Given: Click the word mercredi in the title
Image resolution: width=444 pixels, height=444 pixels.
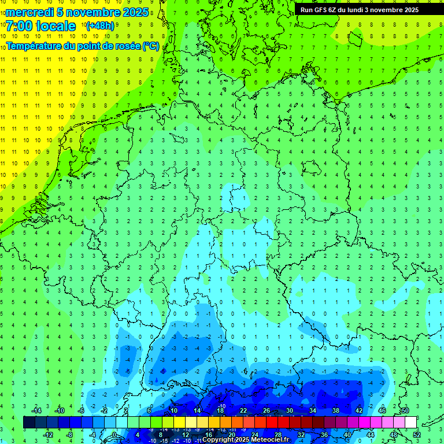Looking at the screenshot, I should click(30, 12).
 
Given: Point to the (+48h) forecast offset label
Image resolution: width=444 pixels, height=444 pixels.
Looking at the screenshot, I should click(100, 26).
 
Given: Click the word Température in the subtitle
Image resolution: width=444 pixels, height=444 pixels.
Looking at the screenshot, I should click(35, 46).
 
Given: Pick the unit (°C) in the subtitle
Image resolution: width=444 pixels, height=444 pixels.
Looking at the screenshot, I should click(151, 46).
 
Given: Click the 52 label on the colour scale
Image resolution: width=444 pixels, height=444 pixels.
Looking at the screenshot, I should click(417, 435).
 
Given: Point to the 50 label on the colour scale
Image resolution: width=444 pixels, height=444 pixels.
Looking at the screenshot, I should click(405, 410).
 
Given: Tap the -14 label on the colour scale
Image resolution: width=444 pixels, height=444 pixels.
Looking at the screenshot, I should click(36, 410).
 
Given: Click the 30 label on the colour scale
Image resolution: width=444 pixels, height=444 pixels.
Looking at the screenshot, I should click(290, 410).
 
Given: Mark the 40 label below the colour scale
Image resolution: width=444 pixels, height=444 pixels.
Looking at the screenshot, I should click(347, 435).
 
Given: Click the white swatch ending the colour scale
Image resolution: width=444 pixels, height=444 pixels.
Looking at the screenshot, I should click(410, 423).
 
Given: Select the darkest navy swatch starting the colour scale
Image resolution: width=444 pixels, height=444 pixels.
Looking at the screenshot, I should click(29, 423).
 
